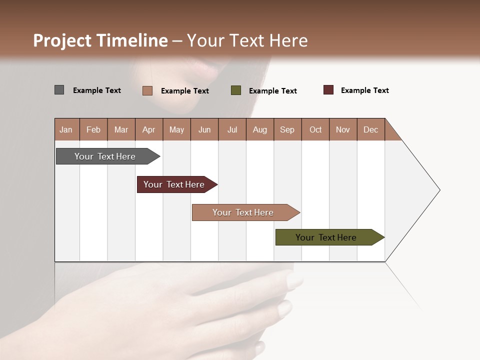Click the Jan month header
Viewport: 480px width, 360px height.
pos(66,129)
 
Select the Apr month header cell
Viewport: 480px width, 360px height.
pos(149,129)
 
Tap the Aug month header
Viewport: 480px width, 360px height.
pos(260,129)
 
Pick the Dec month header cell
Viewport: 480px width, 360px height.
pos(371,129)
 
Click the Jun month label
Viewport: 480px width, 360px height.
pos(204,129)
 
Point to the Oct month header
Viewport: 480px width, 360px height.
pos(315,129)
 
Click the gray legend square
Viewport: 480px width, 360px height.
pos(59,90)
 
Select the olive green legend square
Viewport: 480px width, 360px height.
pos(236,90)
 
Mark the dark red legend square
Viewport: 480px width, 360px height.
pos(328,90)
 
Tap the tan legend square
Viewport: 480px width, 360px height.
pos(147,90)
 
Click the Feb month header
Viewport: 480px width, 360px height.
pos(93,129)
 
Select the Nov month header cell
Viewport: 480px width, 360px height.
pos(343,129)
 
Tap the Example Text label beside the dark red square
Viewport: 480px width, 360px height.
pos(364,90)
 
